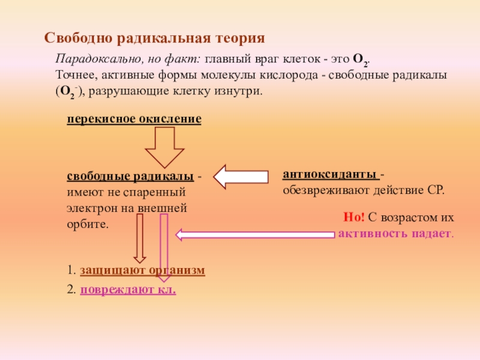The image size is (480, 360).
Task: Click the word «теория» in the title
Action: pyautogui.click(x=238, y=39)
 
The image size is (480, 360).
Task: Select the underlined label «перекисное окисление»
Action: pyautogui.click(x=134, y=119)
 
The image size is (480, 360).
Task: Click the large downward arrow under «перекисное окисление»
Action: pyautogui.click(x=163, y=146)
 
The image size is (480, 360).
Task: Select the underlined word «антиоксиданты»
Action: pyautogui.click(x=331, y=175)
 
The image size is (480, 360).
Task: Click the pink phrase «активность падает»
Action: pyautogui.click(x=394, y=233)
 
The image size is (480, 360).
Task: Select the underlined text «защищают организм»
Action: pyautogui.click(x=142, y=271)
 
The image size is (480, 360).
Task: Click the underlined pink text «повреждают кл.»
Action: pyautogui.click(x=128, y=289)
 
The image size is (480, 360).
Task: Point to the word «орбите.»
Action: pyautogui.click(x=88, y=224)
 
